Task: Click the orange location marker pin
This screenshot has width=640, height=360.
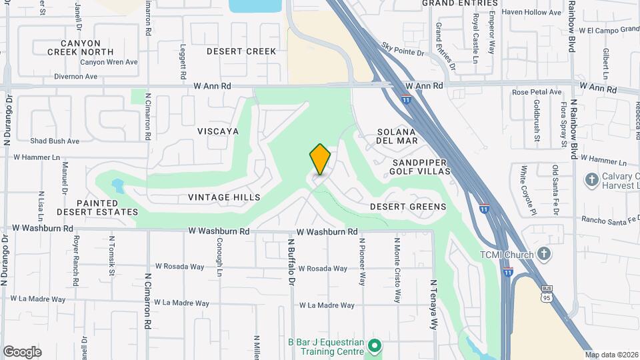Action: pos(320,159)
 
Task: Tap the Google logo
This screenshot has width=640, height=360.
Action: pos(22,351)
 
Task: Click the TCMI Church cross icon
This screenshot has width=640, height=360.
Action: pos(544,254)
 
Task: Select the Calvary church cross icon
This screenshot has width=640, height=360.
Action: pos(591,179)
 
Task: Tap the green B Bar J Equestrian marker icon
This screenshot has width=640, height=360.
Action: pos(375,345)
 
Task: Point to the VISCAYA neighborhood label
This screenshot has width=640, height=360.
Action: pos(218,131)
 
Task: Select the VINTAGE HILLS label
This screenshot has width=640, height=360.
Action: pos(223,197)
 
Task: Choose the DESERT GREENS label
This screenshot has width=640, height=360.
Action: pos(408,207)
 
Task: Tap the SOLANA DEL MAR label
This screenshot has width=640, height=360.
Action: pos(397,136)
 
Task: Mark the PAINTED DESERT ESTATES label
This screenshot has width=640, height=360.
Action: pos(97,207)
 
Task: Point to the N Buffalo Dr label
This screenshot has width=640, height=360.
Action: pos(291,262)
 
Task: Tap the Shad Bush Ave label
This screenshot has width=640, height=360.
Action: pos(55,141)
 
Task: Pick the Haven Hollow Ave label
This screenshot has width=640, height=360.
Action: pos(531,13)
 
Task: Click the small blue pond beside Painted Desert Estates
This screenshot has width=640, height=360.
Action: pos(118,183)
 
